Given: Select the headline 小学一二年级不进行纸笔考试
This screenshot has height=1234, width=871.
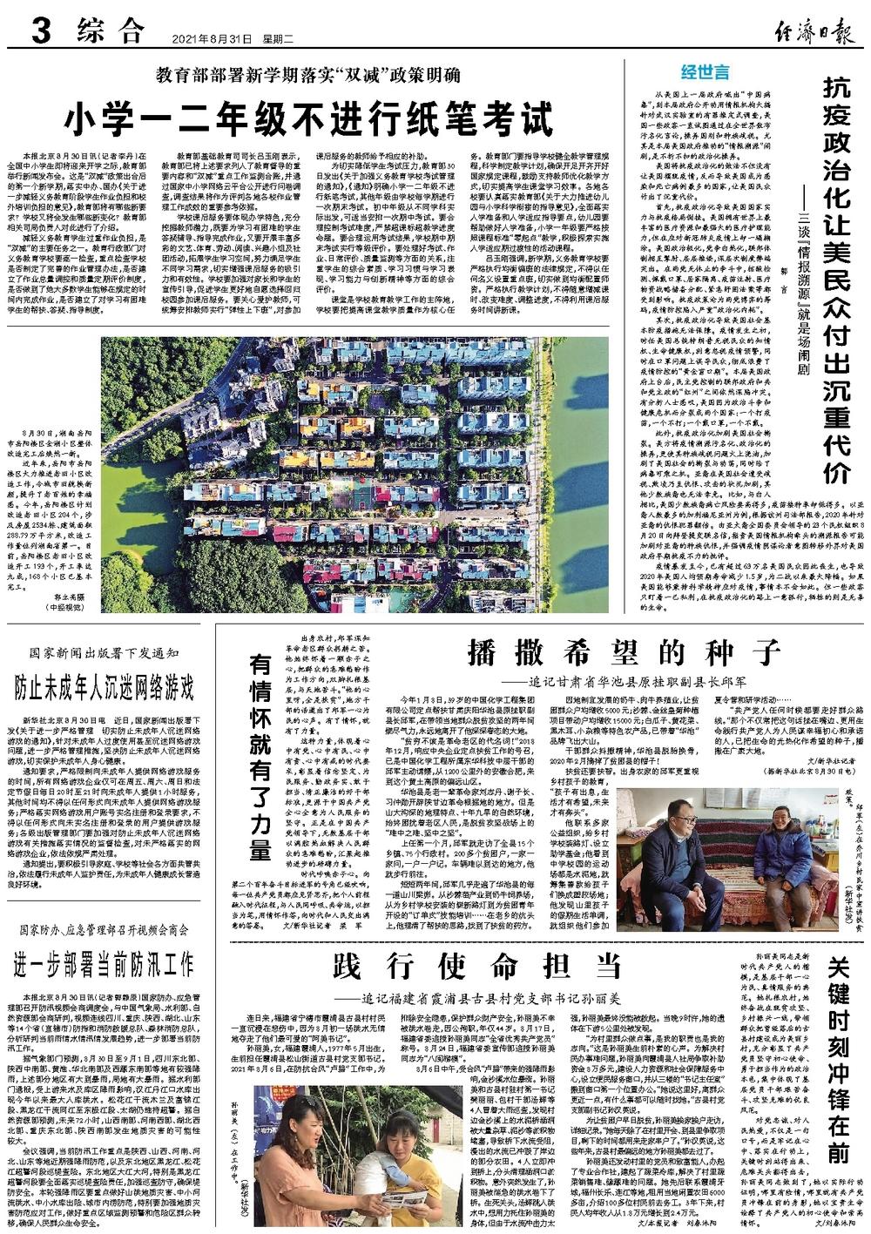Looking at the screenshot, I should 314,118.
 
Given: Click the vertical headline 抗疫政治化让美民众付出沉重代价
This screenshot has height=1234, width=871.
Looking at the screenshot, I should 838,279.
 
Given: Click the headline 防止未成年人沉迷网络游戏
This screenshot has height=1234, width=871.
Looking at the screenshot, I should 104,687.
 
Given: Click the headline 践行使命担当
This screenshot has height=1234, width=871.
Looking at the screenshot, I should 478,967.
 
